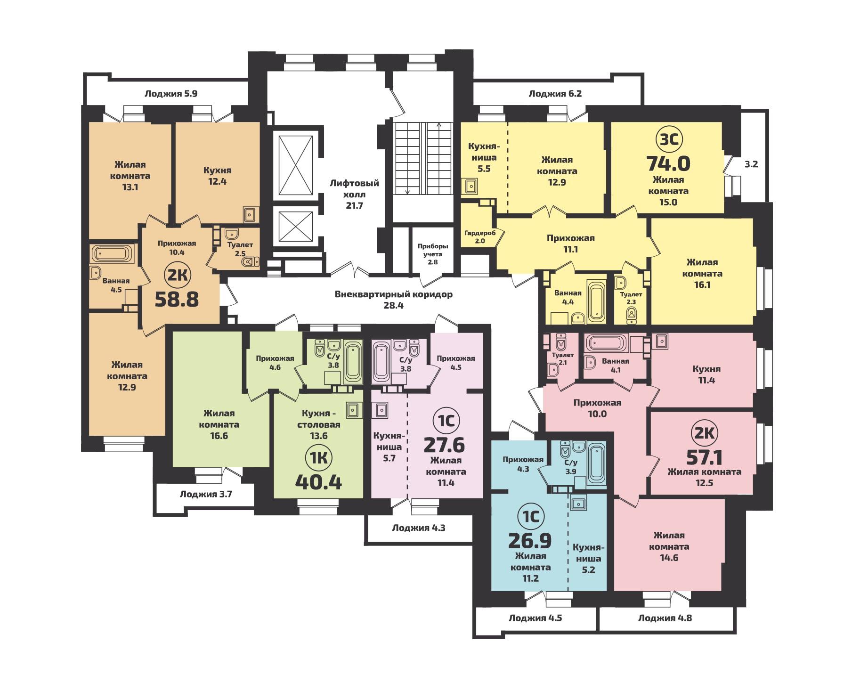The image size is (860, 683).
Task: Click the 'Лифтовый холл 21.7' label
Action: click(x=354, y=194)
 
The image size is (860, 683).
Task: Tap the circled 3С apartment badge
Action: click(x=668, y=140)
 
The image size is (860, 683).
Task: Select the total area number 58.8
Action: click(x=177, y=299)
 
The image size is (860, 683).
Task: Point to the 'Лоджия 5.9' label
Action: click(x=170, y=94)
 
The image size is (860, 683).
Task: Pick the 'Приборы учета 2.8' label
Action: click(x=433, y=254)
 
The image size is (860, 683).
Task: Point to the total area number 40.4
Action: click(x=318, y=481)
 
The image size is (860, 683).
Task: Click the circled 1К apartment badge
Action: click(x=319, y=456)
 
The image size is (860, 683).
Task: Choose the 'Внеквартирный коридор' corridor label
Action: click(x=393, y=295)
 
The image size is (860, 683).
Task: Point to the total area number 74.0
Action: click(x=668, y=163)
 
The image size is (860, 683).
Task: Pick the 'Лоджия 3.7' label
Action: click(x=206, y=494)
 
